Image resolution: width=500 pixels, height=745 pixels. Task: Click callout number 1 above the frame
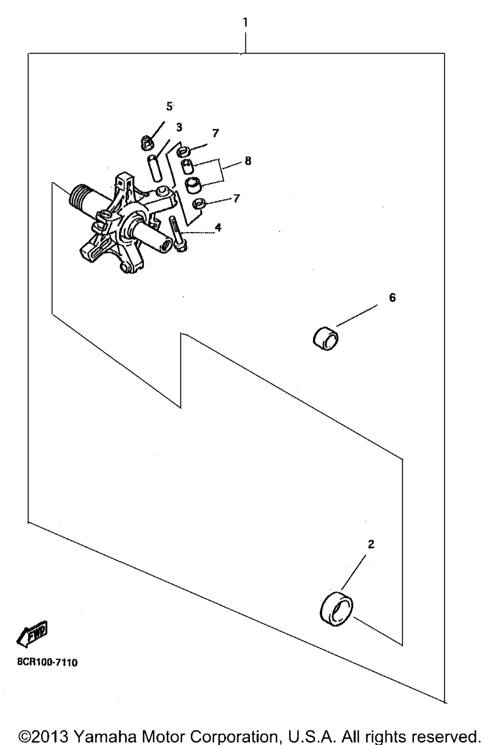(x=245, y=23)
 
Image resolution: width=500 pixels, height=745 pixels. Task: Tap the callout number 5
(x=169, y=106)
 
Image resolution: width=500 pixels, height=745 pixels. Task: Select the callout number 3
(x=179, y=127)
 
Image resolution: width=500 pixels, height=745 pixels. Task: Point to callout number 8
(x=248, y=161)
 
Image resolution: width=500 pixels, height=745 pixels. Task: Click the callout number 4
(x=218, y=227)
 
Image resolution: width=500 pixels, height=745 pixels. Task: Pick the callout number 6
(x=392, y=297)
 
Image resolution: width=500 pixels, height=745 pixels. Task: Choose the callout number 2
(x=371, y=544)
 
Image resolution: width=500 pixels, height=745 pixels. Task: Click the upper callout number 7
(x=216, y=133)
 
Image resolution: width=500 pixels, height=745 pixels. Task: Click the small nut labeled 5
(x=145, y=143)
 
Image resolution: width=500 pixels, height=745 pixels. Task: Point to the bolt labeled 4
(x=178, y=234)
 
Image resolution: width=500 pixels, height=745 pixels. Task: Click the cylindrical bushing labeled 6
(x=326, y=339)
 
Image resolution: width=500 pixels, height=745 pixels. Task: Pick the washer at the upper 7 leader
(x=183, y=151)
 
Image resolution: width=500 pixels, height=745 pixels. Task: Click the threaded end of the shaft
(x=76, y=196)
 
